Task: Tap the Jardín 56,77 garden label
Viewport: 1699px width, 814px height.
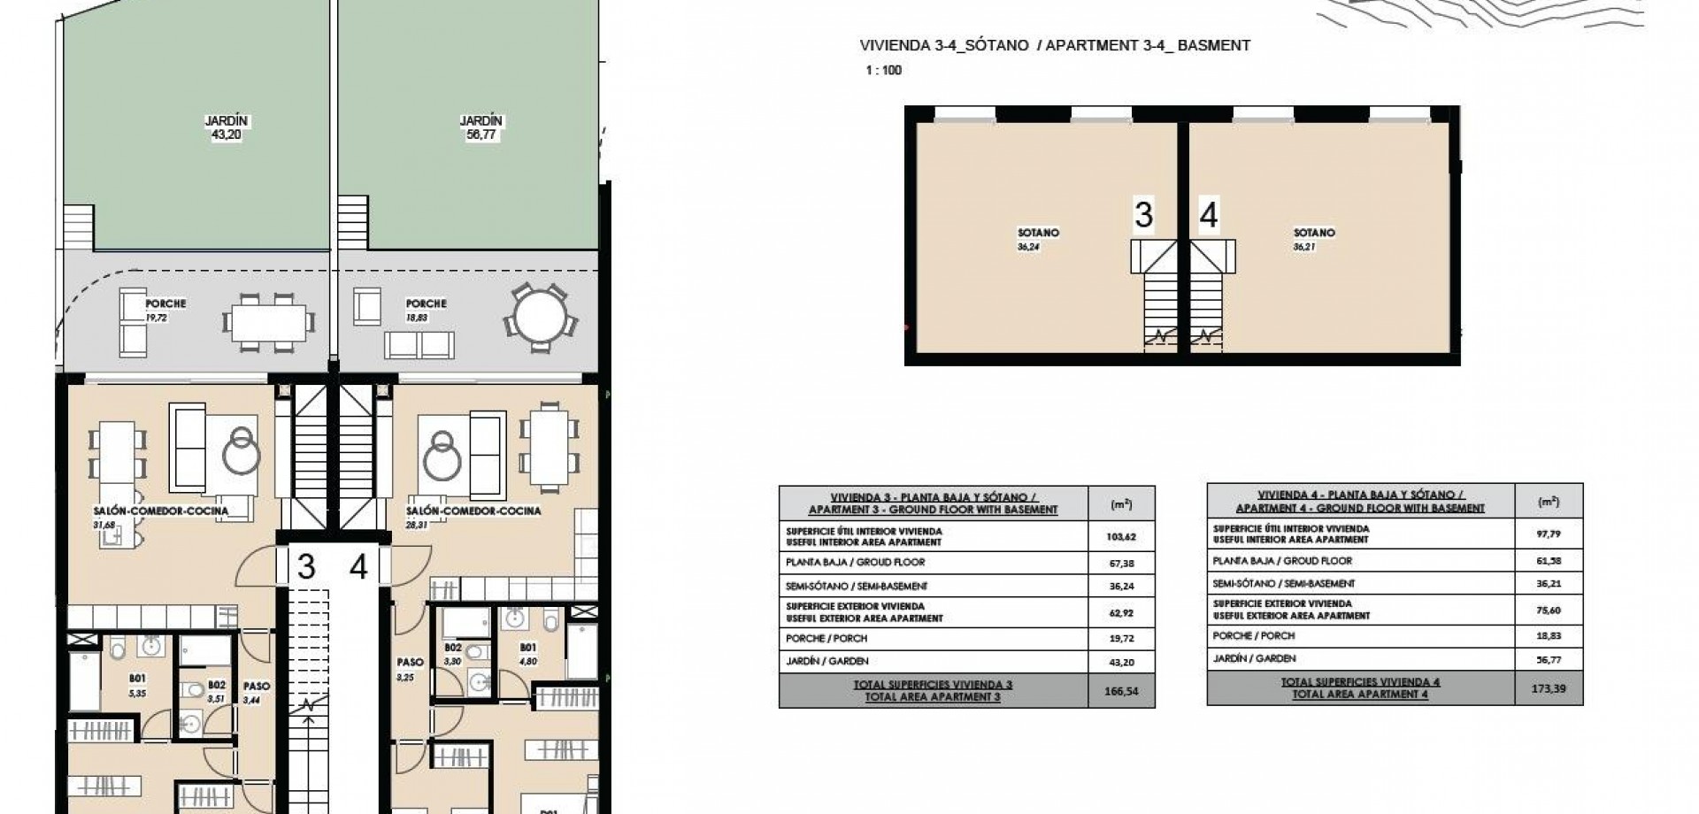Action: pyautogui.click(x=480, y=127)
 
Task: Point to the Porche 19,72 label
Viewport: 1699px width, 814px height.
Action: pyautogui.click(x=165, y=310)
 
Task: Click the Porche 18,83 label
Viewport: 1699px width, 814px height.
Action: pyautogui.click(x=426, y=310)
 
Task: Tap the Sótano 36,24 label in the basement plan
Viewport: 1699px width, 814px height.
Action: pyautogui.click(x=1038, y=239)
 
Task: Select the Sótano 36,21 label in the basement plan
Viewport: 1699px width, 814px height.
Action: pyautogui.click(x=1313, y=239)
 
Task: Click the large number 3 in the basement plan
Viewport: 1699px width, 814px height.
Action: pyautogui.click(x=1143, y=215)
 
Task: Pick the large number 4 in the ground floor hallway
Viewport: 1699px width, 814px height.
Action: pyautogui.click(x=358, y=566)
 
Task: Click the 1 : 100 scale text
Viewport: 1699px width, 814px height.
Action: pyautogui.click(x=884, y=70)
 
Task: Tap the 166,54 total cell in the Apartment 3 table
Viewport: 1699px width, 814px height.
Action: pyautogui.click(x=1120, y=690)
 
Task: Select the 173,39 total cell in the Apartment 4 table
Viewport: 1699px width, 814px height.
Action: pyautogui.click(x=1548, y=687)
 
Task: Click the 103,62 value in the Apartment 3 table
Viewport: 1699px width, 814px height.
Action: pyautogui.click(x=1120, y=536)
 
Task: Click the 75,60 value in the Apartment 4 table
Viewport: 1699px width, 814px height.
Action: pyautogui.click(x=1548, y=609)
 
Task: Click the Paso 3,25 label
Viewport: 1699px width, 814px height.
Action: pyautogui.click(x=410, y=668)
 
